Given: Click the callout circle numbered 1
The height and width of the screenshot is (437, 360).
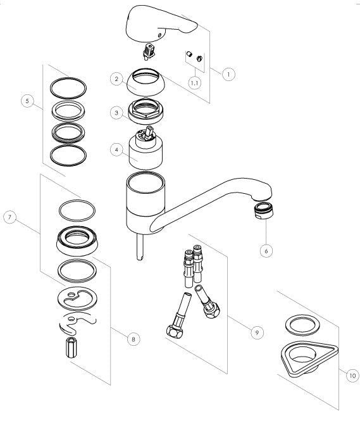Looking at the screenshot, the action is click(228, 74).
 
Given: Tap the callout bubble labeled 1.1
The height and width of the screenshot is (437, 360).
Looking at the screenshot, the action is click(195, 83).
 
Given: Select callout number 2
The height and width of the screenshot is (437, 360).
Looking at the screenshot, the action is click(116, 79).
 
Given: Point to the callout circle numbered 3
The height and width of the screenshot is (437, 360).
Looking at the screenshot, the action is click(116, 113).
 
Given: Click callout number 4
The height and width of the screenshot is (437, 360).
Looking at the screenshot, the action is click(116, 149).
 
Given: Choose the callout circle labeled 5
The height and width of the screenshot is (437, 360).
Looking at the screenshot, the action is click(27, 101).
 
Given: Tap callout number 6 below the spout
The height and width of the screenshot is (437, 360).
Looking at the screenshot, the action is click(266, 251).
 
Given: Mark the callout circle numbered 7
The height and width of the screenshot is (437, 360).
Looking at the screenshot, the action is click(9, 217).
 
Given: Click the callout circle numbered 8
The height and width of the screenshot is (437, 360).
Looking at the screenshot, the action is click(133, 339).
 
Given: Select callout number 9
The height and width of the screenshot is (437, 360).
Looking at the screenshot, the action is click(257, 332).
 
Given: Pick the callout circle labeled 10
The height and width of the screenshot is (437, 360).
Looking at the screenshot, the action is click(352, 376).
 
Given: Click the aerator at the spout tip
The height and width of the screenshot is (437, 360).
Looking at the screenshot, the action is click(263, 211).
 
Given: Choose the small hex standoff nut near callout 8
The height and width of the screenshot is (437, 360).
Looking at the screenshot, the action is click(71, 347).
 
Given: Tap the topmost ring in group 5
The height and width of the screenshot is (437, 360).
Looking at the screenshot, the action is click(68, 88).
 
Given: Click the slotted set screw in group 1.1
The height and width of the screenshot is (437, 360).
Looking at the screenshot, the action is click(199, 58).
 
